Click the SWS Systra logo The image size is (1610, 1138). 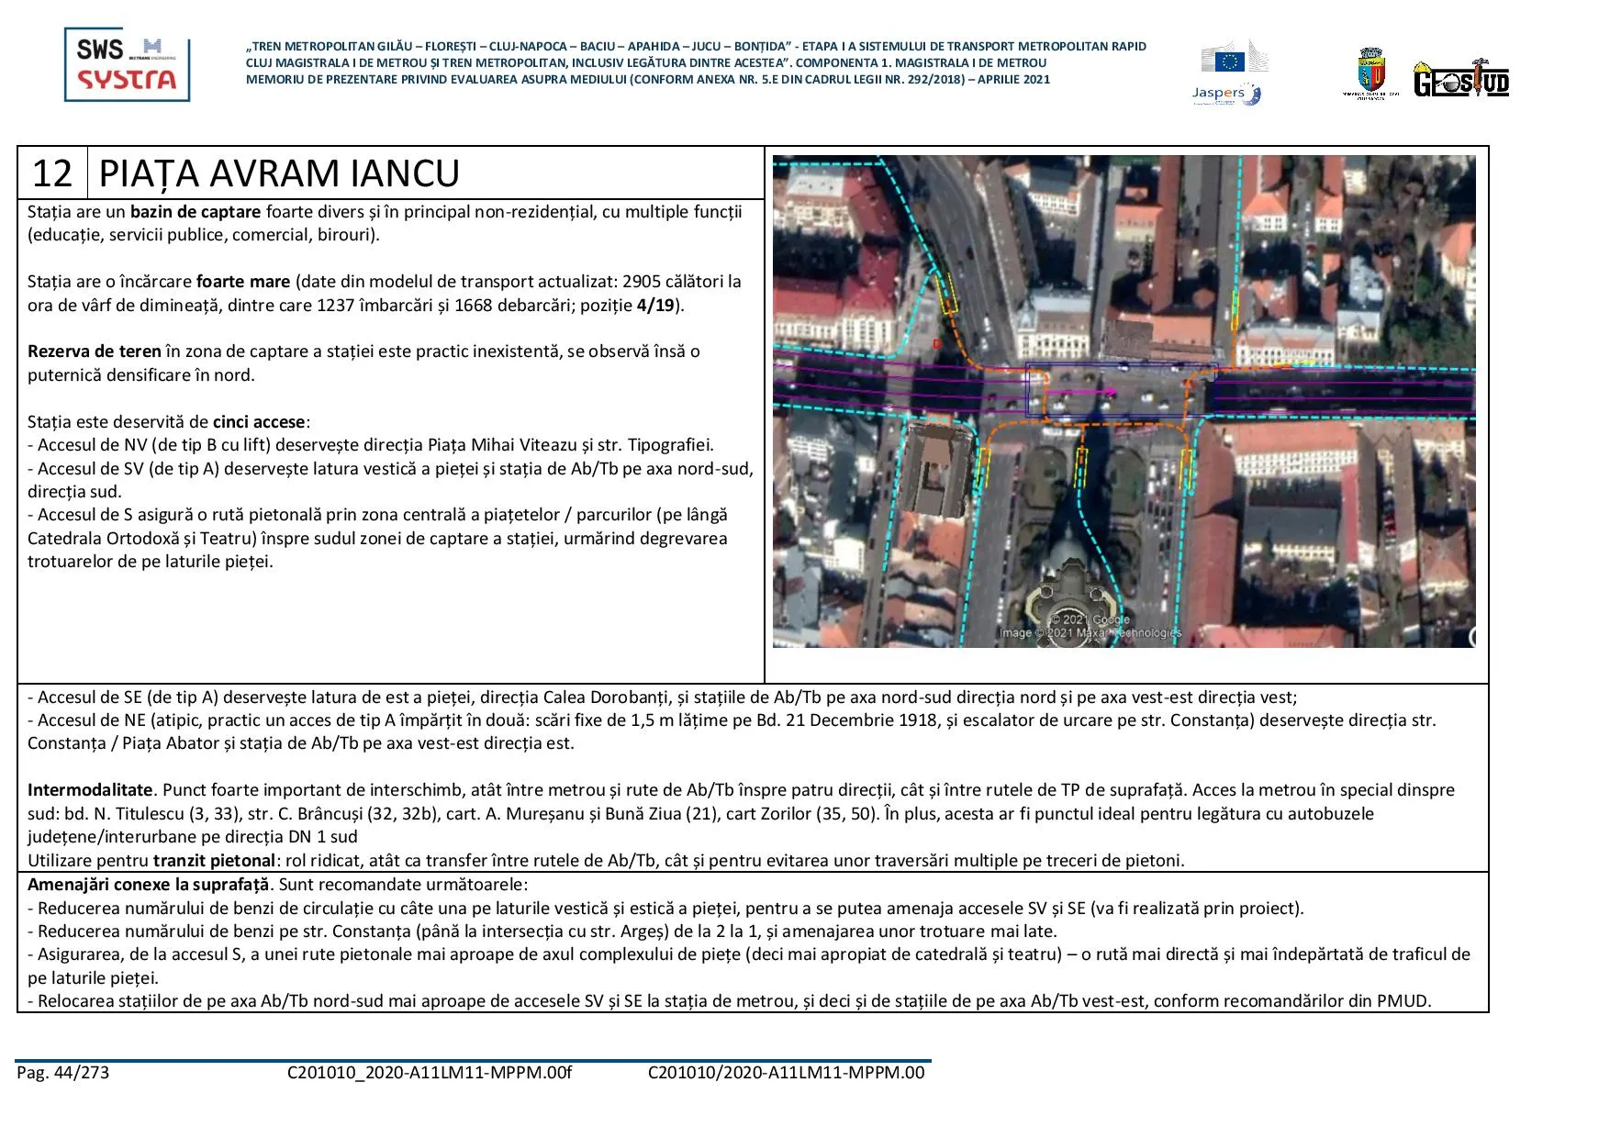pos(127,64)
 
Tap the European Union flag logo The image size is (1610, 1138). pos(1229,61)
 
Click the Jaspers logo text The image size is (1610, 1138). pos(1218,93)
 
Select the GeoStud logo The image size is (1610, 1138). pos(1461,81)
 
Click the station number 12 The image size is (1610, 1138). pos(51,173)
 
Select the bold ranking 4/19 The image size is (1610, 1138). pos(655,306)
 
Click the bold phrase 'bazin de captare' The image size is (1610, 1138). pos(196,212)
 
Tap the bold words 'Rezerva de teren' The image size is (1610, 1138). pos(94,351)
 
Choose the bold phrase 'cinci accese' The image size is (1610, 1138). pos(259,422)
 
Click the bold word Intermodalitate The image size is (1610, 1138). pos(90,790)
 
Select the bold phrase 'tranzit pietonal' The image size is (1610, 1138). pos(214,861)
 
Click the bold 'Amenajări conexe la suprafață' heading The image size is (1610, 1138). pos(149,885)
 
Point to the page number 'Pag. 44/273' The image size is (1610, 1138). pos(62,1073)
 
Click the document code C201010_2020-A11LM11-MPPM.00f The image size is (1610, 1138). pos(429,1073)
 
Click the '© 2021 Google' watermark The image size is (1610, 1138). pos(1090,619)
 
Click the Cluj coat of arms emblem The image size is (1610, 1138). pos(1370,73)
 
